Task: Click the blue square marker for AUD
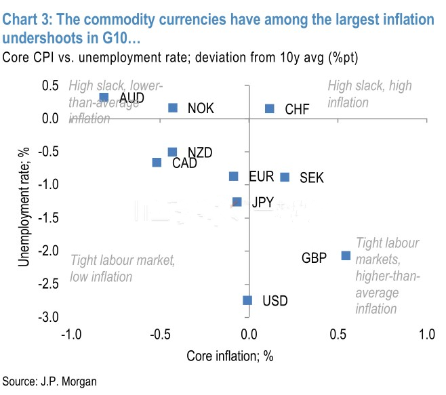[x=104, y=98]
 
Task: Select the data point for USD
[x=247, y=300]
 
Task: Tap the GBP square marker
[x=346, y=255]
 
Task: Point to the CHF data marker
[x=269, y=108]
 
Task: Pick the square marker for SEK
[x=285, y=178]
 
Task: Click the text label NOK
[x=201, y=108]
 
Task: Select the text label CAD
[x=185, y=163]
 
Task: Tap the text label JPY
[x=263, y=202]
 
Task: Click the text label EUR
[x=261, y=177]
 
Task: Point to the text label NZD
[x=200, y=152]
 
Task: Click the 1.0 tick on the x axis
[x=426, y=335]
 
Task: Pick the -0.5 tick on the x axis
[x=159, y=335]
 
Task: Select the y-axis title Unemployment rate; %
[x=24, y=201]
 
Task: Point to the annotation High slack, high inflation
[x=369, y=94]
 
